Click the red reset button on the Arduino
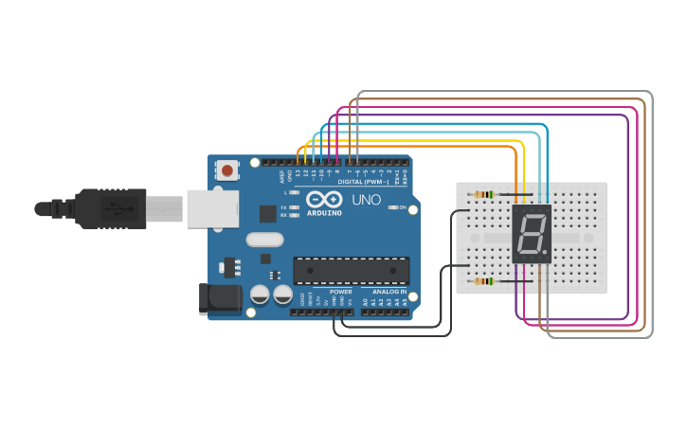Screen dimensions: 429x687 coord(227,171)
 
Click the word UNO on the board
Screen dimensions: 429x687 coord(366,201)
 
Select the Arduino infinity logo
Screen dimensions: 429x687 coord(324,201)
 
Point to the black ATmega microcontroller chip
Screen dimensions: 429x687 coord(352,270)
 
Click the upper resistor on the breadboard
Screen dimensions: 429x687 coord(484,195)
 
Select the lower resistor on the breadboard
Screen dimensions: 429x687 coord(484,281)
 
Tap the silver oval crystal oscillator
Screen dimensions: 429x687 coord(265,240)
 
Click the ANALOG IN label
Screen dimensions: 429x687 coord(389,292)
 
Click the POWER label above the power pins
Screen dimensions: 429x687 coord(340,292)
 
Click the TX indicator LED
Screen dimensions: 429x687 coord(295,206)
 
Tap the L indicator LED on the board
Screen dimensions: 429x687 coord(295,193)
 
